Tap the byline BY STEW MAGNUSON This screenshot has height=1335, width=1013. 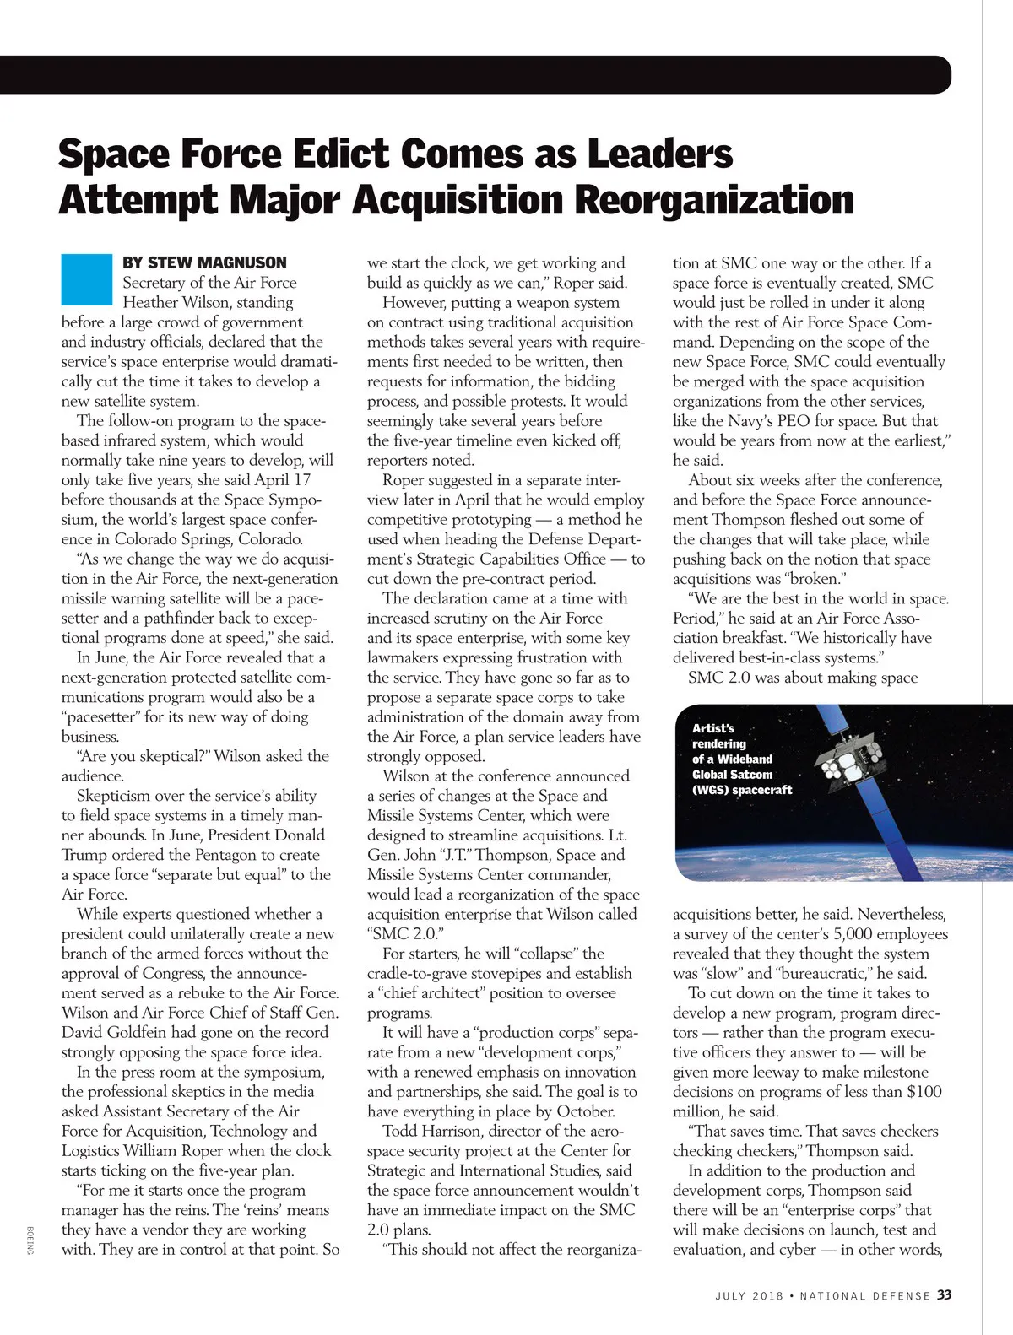[x=204, y=262]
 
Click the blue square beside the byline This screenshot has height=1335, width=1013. [x=86, y=278]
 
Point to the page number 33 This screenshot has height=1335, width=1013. [x=944, y=1294]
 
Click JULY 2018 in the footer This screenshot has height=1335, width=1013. [x=746, y=1295]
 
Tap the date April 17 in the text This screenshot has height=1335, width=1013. [x=283, y=479]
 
